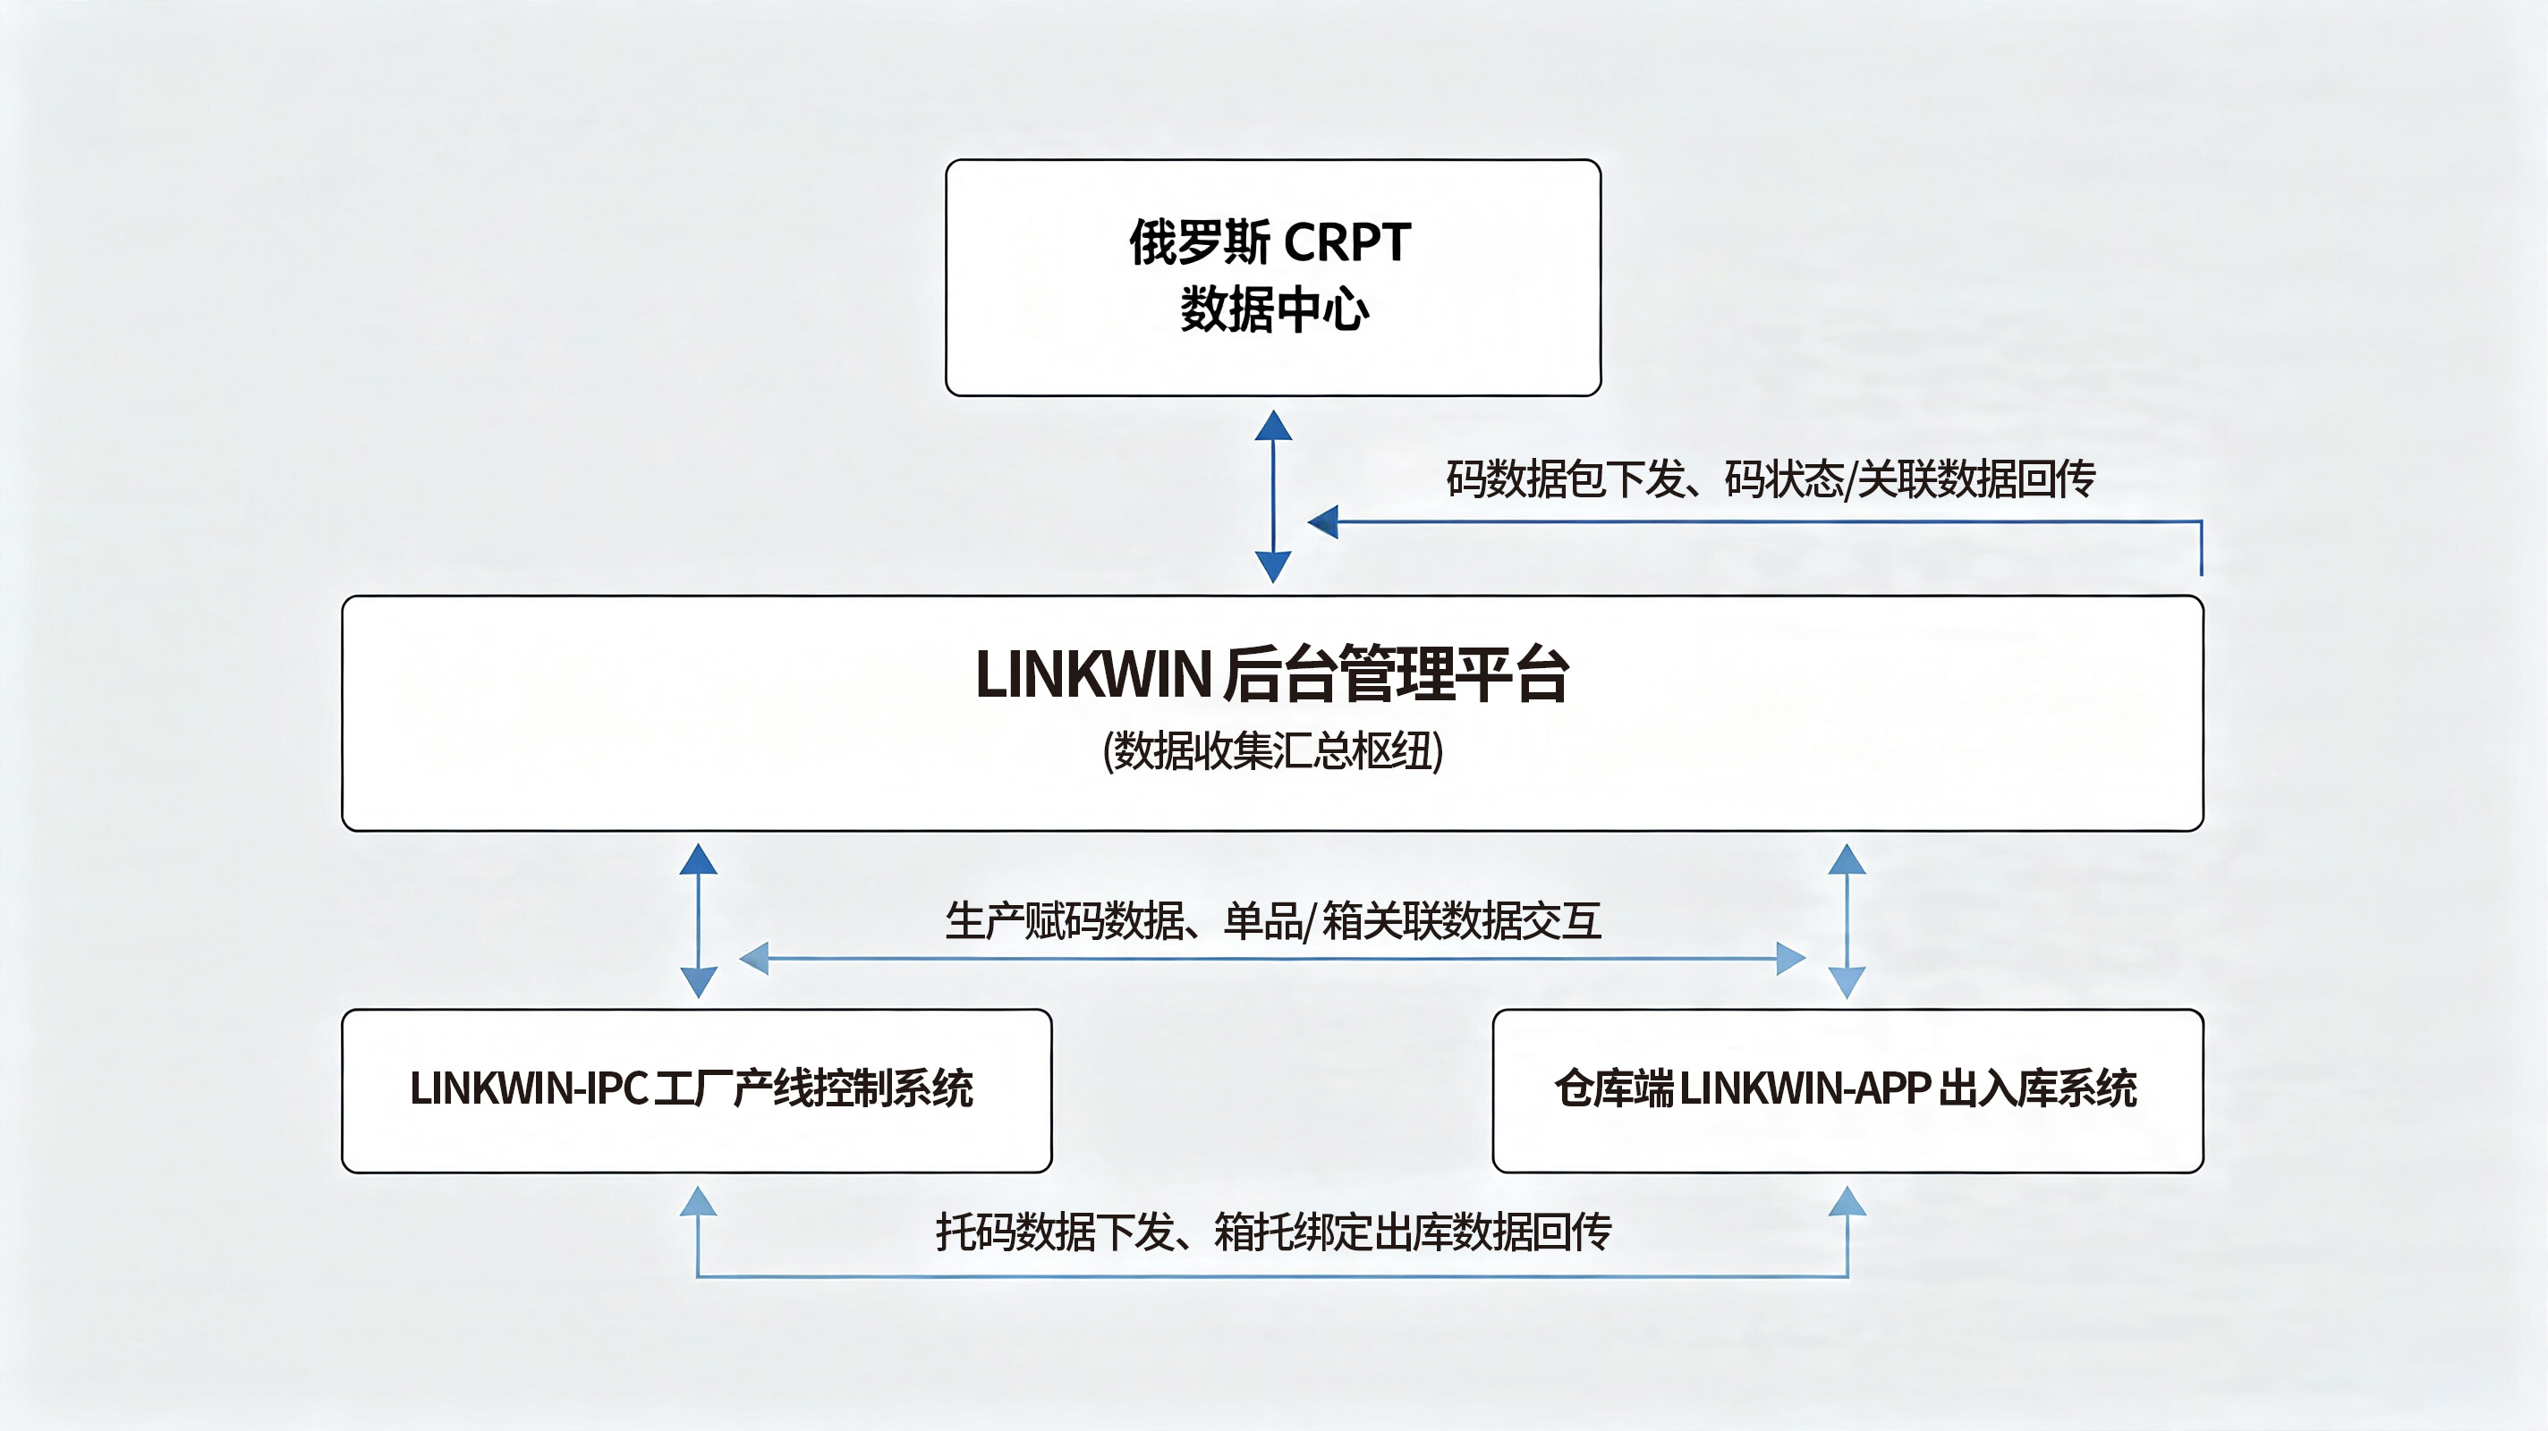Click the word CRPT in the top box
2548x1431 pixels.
point(1346,242)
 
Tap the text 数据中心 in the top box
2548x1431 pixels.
point(1274,309)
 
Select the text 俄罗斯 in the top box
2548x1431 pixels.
point(1200,242)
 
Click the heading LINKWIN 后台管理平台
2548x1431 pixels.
point(1272,674)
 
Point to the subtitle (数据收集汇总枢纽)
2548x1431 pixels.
point(1273,750)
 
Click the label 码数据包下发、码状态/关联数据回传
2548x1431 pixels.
point(1771,479)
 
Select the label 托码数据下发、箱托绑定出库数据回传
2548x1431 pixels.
point(1274,1232)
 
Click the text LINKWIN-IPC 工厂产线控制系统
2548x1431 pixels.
point(692,1088)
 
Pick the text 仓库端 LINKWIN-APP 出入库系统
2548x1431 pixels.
point(1846,1088)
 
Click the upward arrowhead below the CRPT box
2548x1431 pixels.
point(1273,425)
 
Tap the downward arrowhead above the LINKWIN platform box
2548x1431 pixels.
point(1273,567)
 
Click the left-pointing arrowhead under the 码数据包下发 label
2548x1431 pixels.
point(1322,521)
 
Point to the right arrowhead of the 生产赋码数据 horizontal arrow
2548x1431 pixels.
point(1791,958)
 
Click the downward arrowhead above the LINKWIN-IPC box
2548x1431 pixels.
point(699,982)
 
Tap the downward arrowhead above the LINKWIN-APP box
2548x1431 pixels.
point(1847,982)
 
